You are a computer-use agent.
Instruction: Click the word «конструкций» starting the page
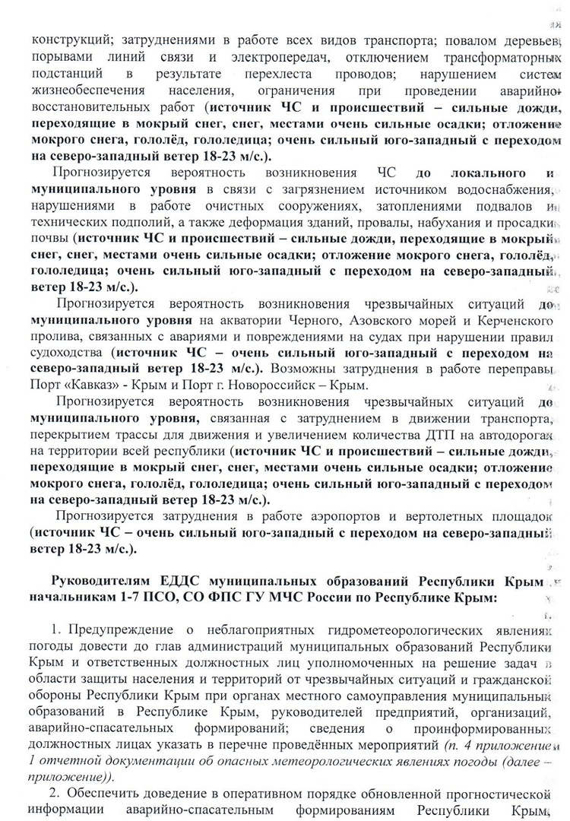(65, 40)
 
